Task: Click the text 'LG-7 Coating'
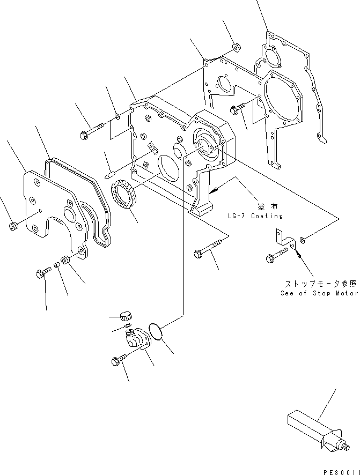pos(255,216)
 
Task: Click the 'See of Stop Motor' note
pos(319,293)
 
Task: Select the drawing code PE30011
pos(340,470)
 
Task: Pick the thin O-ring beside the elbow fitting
pos(157,332)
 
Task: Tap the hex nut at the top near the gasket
pos(236,47)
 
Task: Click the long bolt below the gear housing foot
pos(206,250)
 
